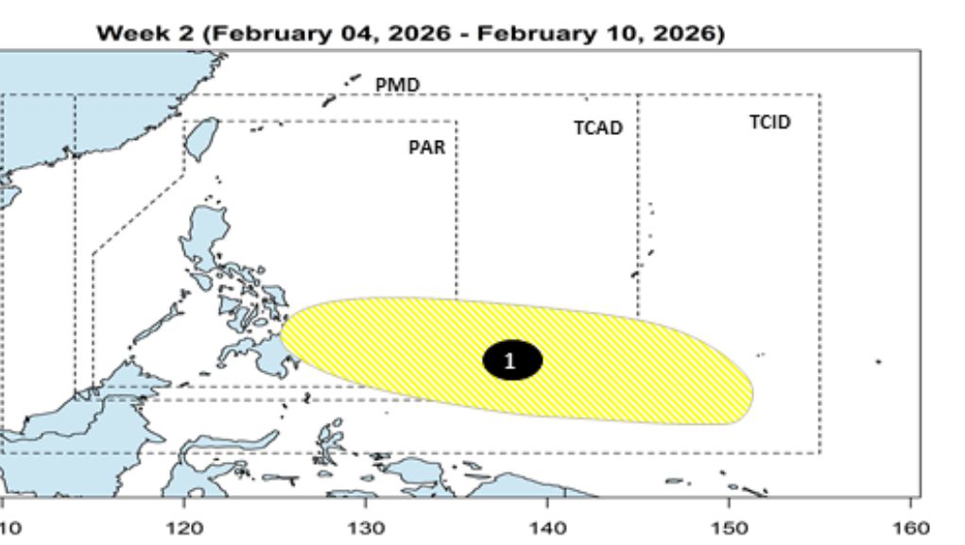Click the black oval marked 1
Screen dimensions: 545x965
point(511,360)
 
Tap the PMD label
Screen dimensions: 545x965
point(397,85)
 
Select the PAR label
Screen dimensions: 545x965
point(426,148)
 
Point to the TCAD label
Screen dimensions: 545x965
point(597,128)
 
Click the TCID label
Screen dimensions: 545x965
point(769,123)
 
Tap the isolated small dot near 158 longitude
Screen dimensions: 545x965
point(879,361)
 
